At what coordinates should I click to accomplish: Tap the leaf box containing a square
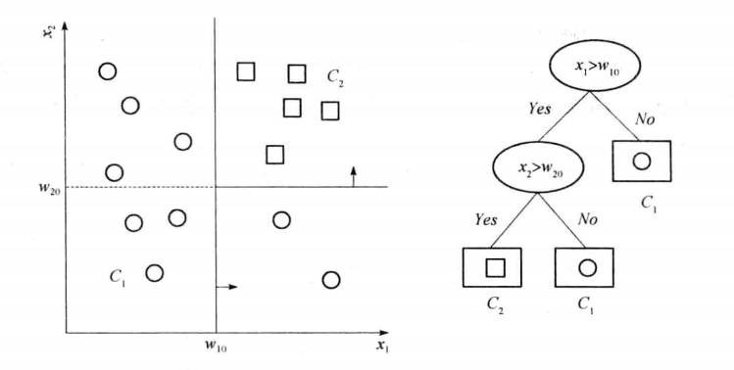[x=492, y=266]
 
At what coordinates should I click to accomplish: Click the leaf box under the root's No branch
[x=641, y=162]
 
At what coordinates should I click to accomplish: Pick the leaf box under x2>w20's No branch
[x=585, y=266]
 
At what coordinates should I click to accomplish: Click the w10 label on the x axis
[x=216, y=346]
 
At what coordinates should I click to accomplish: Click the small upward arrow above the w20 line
[x=354, y=174]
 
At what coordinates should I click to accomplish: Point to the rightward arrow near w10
[x=226, y=287]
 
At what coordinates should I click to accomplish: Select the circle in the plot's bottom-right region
[x=331, y=280]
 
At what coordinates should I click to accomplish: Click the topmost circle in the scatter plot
[x=108, y=70]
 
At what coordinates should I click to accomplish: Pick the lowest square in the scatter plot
[x=275, y=154]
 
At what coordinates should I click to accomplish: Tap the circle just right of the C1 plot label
[x=154, y=272]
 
